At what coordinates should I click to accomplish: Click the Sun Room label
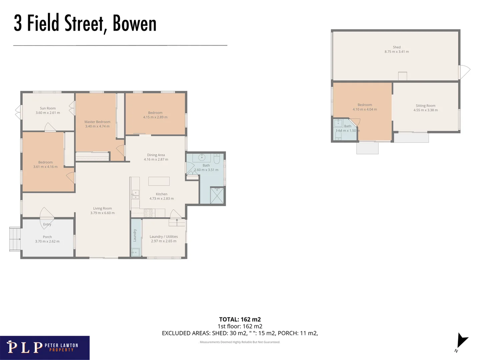48,108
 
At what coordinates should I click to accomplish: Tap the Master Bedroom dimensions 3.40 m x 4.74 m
97,126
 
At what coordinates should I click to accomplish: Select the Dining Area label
156,155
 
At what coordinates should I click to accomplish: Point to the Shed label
397,47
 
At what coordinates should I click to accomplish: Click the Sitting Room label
425,106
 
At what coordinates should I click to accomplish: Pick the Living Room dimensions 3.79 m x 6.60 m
102,213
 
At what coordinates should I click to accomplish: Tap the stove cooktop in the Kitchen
148,213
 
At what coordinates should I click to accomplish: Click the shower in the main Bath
217,195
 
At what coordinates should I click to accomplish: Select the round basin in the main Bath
202,157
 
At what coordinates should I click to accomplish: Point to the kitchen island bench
159,181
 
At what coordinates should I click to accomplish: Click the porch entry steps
15,239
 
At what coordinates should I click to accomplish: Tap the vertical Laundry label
135,235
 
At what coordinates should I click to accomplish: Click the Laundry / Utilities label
164,237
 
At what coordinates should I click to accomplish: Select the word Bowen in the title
135,24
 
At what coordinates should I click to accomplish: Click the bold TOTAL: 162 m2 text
240,319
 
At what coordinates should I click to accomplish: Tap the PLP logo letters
25,347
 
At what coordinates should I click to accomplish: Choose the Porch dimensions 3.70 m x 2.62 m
47,241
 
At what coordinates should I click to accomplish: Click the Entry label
47,224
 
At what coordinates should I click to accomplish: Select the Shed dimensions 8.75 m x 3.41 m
397,52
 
